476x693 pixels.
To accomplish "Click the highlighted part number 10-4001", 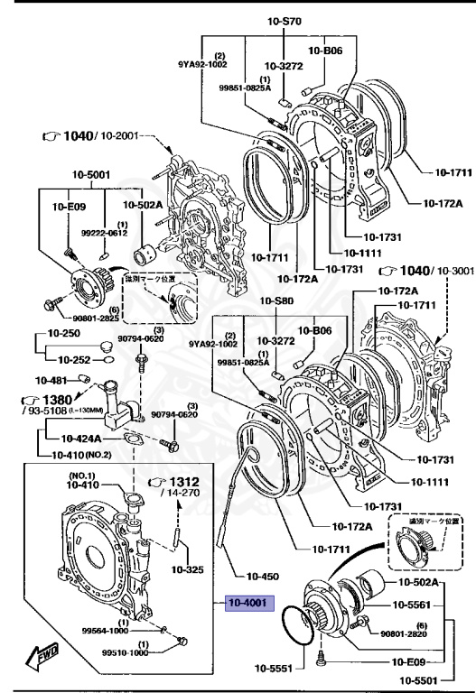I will (x=246, y=603).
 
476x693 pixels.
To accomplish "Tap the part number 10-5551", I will (x=273, y=670).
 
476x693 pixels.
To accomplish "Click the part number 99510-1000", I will (x=127, y=653).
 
